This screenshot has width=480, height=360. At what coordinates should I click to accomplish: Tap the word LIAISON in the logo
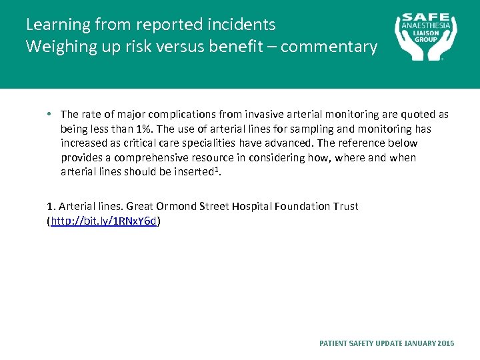click(426, 32)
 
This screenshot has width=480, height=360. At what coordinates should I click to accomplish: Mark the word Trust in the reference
click(345, 206)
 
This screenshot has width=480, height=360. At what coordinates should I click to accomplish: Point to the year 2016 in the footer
click(446, 343)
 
